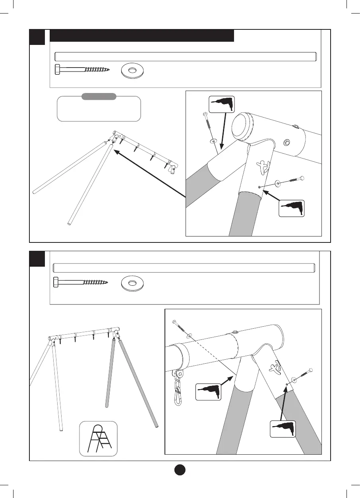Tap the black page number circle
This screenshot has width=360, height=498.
(180, 470)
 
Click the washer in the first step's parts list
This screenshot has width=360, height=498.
(133, 70)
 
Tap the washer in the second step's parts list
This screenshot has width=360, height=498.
(133, 282)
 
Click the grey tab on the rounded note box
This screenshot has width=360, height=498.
(99, 97)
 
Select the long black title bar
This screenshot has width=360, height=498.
(142, 36)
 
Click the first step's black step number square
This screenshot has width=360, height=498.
(37, 37)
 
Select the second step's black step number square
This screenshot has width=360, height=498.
(37, 259)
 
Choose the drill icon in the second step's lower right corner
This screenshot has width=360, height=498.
(283, 431)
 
